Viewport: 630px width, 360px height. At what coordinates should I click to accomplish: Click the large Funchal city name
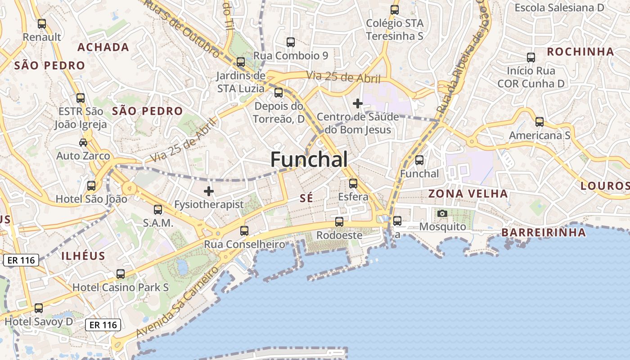(x=309, y=160)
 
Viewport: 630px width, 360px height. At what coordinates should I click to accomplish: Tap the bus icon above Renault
(x=42, y=24)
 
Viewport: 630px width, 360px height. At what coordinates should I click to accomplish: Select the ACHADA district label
(x=103, y=47)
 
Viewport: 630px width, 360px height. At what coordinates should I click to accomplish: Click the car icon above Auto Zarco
(x=83, y=143)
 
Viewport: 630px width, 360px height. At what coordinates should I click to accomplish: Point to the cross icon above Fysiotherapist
(x=209, y=191)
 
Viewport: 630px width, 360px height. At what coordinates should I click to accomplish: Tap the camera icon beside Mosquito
(x=442, y=213)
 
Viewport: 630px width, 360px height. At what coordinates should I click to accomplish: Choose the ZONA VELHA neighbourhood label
(x=468, y=194)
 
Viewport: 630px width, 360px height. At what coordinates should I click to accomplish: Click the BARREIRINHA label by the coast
(x=544, y=233)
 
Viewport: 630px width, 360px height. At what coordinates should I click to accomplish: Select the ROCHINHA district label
(x=580, y=52)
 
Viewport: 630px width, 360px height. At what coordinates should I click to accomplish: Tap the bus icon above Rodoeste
(x=339, y=221)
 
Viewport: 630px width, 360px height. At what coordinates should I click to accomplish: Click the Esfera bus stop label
(x=353, y=197)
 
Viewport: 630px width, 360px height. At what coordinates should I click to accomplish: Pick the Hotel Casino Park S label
(x=121, y=287)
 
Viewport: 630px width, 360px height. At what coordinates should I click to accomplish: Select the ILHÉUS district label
(x=83, y=256)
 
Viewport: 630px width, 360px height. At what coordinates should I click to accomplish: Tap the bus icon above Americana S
(x=539, y=121)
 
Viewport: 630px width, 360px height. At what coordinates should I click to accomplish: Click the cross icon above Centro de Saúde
(x=358, y=104)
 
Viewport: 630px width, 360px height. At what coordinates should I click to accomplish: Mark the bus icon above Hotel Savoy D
(x=39, y=308)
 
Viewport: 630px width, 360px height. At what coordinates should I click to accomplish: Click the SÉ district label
(x=306, y=198)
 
